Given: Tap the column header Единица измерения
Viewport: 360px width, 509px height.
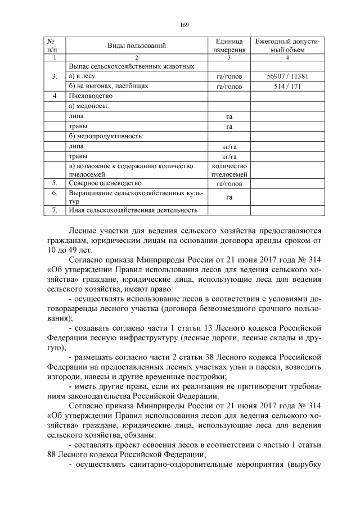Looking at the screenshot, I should coord(229,46).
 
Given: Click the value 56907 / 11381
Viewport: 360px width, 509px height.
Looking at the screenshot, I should coord(287,76).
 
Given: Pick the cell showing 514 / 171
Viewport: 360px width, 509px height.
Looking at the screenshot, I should coord(287,87).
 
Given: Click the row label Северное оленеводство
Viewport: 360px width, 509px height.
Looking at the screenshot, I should coord(105,183).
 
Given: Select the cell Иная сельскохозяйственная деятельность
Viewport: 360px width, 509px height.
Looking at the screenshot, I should coord(133,210).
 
